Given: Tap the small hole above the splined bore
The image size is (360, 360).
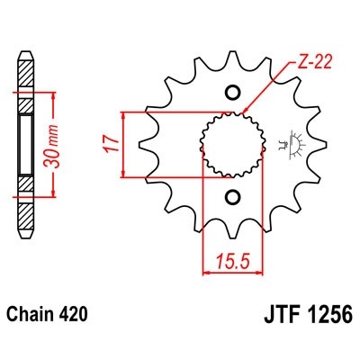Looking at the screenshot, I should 231,92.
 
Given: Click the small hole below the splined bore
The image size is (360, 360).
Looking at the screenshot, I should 231,197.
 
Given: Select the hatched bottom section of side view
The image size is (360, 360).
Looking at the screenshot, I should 25,192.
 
